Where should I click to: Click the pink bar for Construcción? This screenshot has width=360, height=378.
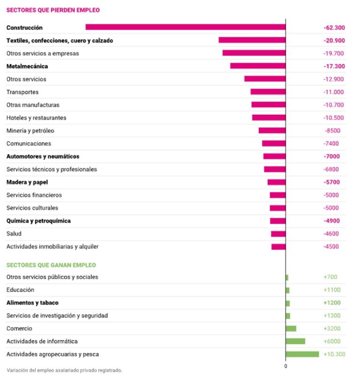185,27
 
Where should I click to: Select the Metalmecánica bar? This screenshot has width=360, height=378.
258,66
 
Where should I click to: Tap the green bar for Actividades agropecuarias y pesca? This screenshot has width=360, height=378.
302,354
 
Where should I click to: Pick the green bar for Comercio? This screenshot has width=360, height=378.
291,328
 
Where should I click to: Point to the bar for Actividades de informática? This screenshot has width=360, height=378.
295,341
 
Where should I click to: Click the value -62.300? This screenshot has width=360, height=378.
334,28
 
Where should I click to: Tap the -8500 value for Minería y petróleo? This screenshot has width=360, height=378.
332,131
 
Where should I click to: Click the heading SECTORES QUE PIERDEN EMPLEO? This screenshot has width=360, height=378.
52,10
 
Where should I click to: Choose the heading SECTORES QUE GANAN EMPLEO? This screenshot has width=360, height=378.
51,265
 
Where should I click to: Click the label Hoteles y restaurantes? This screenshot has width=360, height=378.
36,118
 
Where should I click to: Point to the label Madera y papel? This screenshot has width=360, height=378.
27,182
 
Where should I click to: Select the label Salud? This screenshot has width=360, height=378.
14,234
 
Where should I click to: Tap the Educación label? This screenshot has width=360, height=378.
20,290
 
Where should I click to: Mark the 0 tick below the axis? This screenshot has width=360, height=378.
285,366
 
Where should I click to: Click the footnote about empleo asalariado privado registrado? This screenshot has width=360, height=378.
64,370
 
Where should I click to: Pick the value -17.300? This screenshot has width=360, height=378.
334,66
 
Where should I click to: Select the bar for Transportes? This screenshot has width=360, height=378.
268,92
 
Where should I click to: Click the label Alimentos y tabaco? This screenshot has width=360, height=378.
32,303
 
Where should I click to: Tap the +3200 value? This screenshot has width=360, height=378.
332,328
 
